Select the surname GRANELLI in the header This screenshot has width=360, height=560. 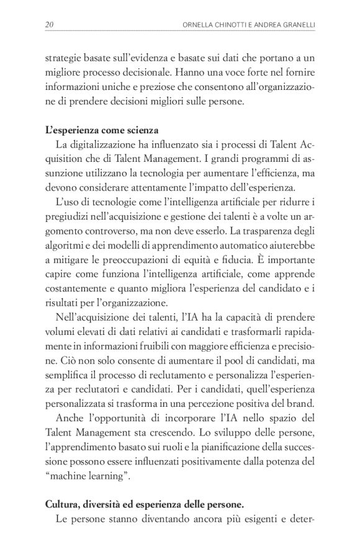[294, 24]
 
